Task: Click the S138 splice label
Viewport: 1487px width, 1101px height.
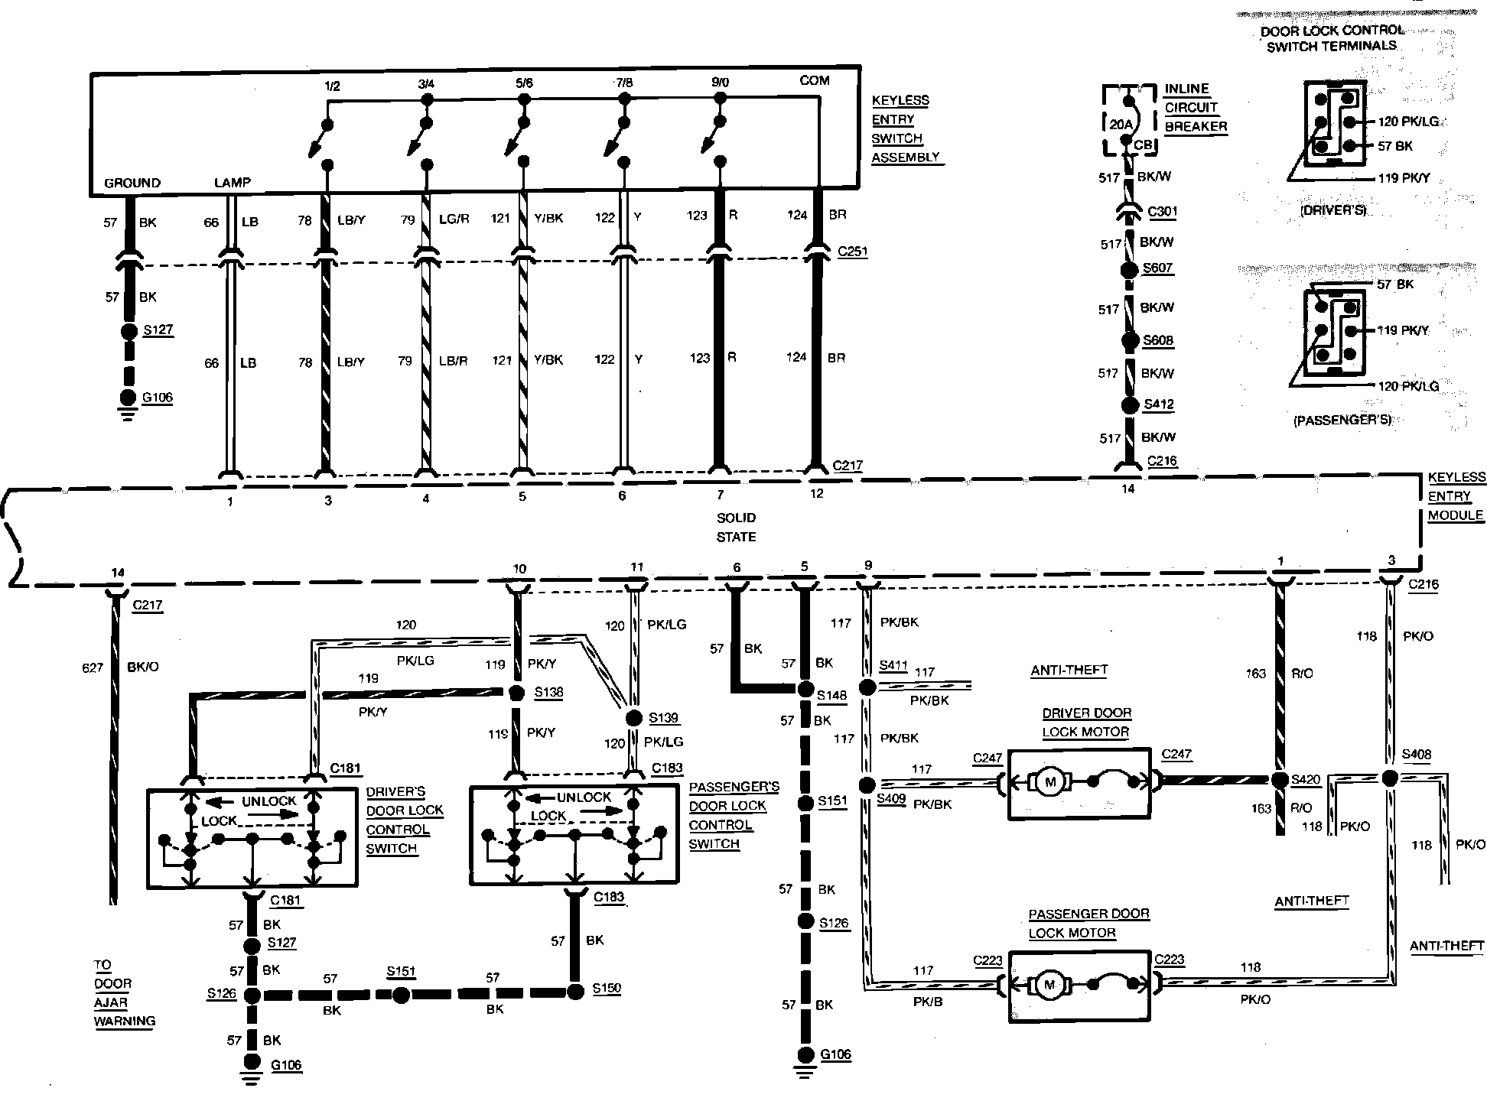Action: pos(548,692)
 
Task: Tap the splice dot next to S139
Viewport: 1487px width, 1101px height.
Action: pos(633,718)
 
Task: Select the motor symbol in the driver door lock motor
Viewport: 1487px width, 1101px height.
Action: pos(1049,781)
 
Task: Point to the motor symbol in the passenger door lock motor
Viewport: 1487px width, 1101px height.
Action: pos(1049,986)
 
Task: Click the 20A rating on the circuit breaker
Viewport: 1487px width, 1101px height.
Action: pos(1120,125)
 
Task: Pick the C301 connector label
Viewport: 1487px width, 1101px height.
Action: pos(1163,212)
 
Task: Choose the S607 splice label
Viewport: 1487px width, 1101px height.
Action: pos(1157,268)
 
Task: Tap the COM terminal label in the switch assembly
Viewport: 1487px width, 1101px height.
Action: pos(814,80)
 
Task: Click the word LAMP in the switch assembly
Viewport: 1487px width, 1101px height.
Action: pos(232,183)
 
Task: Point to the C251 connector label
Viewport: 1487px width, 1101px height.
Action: pos(852,251)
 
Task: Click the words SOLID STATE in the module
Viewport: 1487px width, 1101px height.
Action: pos(736,528)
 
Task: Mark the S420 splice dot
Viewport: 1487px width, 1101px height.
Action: pos(1280,781)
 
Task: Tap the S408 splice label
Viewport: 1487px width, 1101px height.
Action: pos(1417,755)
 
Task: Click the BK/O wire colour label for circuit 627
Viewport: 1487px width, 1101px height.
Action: pos(143,667)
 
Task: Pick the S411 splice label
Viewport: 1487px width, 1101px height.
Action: pos(893,665)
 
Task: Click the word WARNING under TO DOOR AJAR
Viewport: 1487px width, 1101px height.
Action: pos(125,1021)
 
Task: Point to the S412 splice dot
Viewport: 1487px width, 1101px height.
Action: pos(1130,406)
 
